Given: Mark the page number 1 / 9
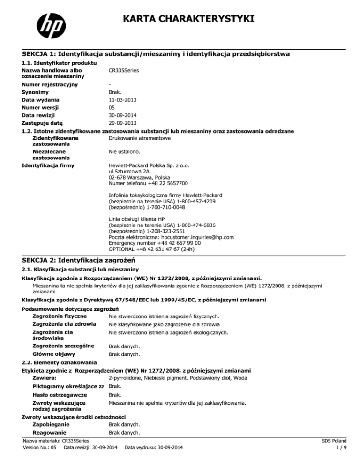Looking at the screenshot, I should (347, 460).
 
